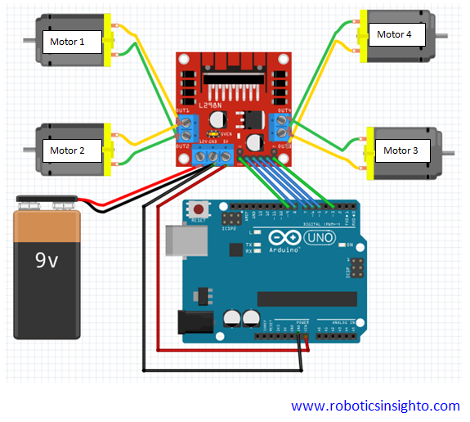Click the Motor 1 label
(67, 42)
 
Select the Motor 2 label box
(67, 150)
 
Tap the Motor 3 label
(401, 150)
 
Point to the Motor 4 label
(394, 34)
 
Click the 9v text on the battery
(46, 259)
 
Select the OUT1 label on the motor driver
(183, 110)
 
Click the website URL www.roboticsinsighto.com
(375, 406)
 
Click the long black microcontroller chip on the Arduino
(302, 299)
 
